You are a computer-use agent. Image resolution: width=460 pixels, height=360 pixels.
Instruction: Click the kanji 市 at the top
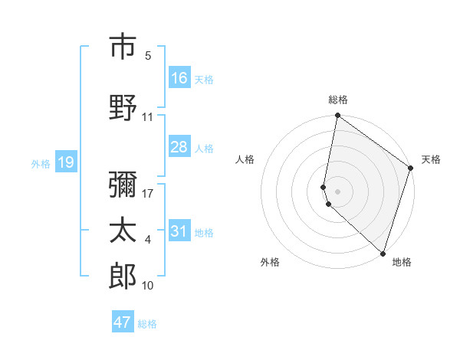pos(123,47)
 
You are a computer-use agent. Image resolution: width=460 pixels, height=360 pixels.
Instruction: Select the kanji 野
pos(123,106)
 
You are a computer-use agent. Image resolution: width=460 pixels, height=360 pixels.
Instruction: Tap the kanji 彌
pos(123,185)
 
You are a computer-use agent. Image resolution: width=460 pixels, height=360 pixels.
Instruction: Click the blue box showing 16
pos(179,78)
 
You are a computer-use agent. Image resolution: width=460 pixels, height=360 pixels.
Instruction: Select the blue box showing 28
pos(179,147)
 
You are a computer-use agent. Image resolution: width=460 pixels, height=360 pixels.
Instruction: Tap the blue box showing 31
pos(179,231)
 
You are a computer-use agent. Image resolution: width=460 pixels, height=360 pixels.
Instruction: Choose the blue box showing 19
pos(66,162)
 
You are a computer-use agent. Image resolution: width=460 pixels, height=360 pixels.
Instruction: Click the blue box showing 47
pos(123,322)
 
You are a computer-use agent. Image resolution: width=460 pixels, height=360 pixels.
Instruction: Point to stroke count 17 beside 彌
pos(148,193)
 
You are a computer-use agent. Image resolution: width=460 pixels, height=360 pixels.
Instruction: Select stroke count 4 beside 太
pos(148,240)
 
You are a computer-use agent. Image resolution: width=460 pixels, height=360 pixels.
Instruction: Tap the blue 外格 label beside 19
pos(41,163)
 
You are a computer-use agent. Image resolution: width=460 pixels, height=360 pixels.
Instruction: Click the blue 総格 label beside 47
pos(147,324)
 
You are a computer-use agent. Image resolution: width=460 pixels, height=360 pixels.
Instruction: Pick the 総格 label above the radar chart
pos(338,100)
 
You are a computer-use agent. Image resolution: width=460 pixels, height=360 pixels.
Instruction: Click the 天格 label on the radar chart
pos(431,159)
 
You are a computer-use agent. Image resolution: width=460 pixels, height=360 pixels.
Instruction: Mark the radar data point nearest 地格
pos(383,254)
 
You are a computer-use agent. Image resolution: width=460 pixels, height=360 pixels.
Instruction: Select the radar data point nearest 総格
pos(338,116)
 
